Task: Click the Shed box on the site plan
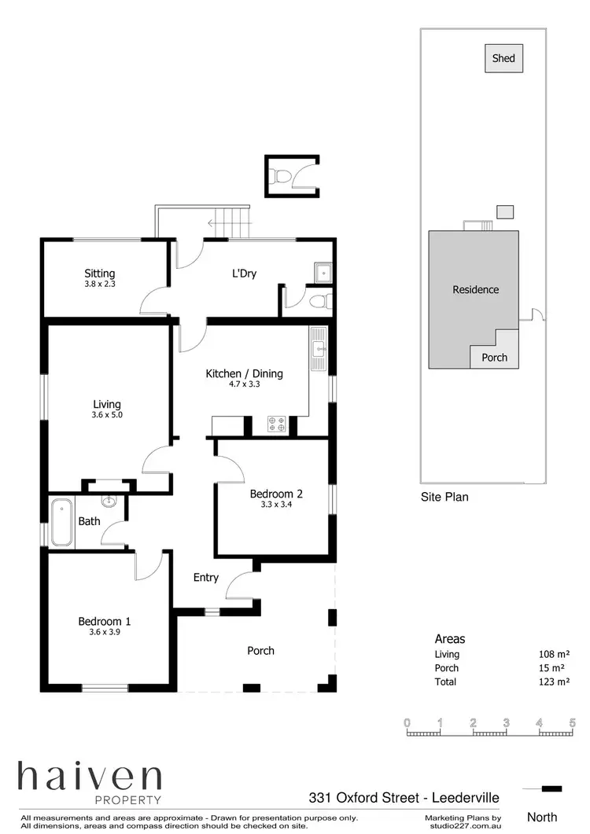[503, 59]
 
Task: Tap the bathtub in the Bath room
[61, 521]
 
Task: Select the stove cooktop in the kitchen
[278, 424]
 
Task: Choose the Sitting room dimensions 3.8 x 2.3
[100, 285]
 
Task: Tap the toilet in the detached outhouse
[281, 175]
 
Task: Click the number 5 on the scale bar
[573, 722]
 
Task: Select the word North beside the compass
[543, 817]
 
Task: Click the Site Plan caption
[444, 497]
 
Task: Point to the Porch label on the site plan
[494, 358]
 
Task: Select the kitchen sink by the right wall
[319, 350]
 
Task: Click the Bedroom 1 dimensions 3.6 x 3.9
[104, 632]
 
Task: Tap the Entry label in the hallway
[206, 578]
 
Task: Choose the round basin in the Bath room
[109, 501]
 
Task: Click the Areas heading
[450, 639]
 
